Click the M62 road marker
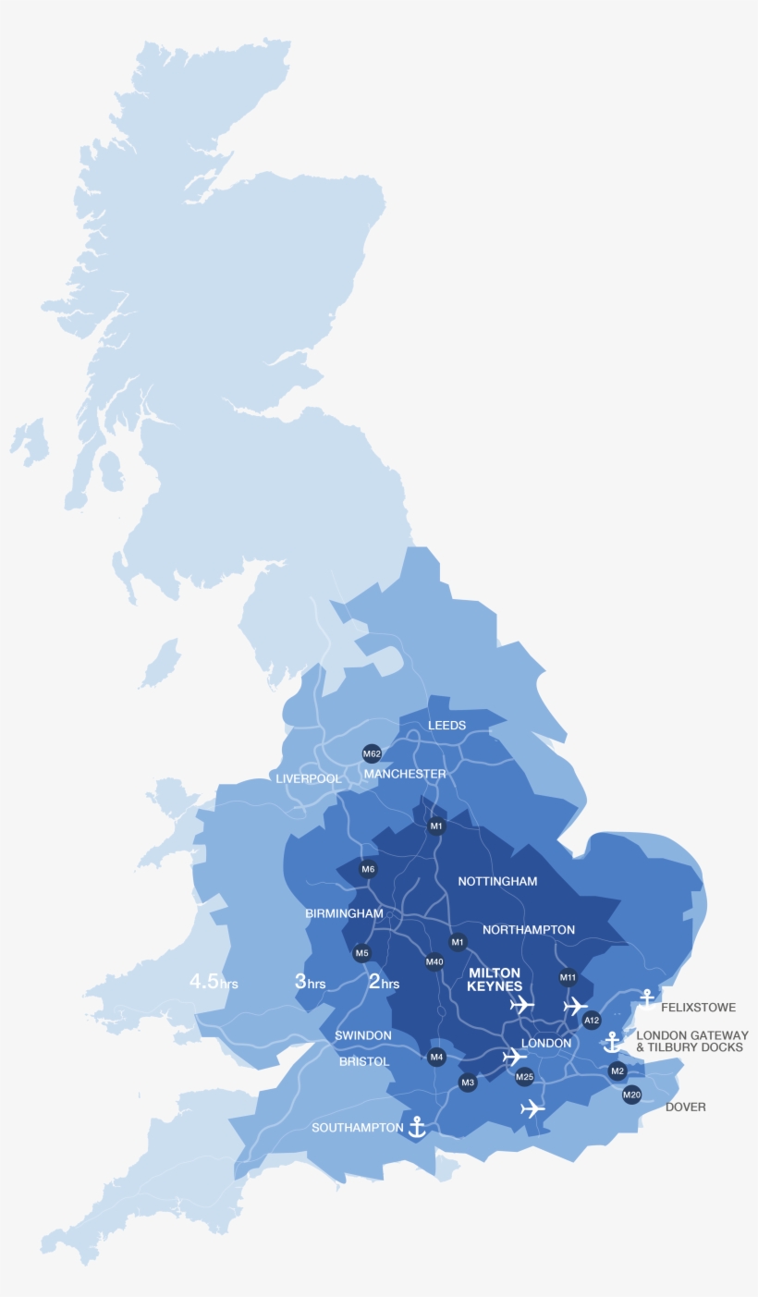[372, 753]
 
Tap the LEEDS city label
[446, 726]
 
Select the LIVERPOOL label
[308, 779]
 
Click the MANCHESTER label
[405, 774]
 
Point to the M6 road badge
[368, 869]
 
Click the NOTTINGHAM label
[497, 882]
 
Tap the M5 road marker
[361, 953]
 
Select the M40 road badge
[434, 961]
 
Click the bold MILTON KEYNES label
[495, 980]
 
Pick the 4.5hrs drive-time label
[214, 982]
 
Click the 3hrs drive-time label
[310, 982]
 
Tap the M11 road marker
[568, 977]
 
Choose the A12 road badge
[592, 1021]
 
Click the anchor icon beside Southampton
[417, 1126]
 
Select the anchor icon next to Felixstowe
[647, 999]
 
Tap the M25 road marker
[524, 1077]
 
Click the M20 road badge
[631, 1095]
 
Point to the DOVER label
[685, 1107]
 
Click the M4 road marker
[437, 1057]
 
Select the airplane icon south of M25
[532, 1108]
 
